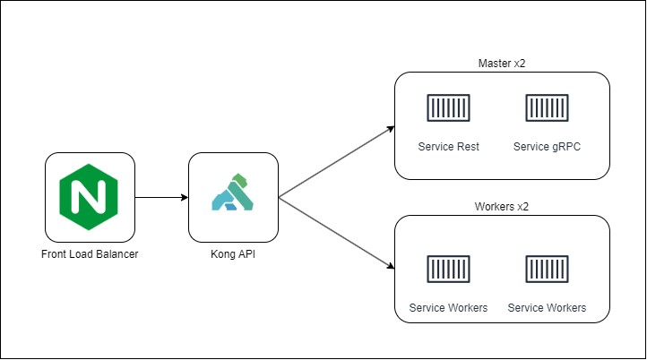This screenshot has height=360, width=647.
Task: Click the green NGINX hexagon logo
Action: [89, 197]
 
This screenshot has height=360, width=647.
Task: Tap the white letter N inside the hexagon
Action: [89, 197]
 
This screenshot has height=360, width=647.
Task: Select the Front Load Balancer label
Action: [90, 254]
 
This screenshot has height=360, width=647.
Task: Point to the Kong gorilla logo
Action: [233, 193]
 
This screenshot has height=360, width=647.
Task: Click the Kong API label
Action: [233, 254]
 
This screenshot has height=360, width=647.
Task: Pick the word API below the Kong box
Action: [246, 254]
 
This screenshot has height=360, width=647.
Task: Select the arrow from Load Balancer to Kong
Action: [161, 198]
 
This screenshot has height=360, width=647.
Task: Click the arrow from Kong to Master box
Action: [337, 162]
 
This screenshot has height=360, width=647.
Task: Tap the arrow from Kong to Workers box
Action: [337, 234]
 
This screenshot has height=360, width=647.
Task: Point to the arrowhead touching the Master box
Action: [391, 129]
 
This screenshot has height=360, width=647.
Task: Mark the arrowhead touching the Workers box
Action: [391, 266]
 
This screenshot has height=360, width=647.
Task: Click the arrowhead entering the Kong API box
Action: [185, 198]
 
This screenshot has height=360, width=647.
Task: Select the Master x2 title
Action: [502, 64]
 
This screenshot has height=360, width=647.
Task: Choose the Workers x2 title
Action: [502, 207]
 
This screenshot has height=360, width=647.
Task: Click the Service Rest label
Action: [449, 147]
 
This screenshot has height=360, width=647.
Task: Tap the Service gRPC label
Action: [547, 147]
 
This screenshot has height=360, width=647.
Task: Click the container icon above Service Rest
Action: [449, 107]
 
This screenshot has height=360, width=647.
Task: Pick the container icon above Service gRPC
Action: [547, 107]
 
